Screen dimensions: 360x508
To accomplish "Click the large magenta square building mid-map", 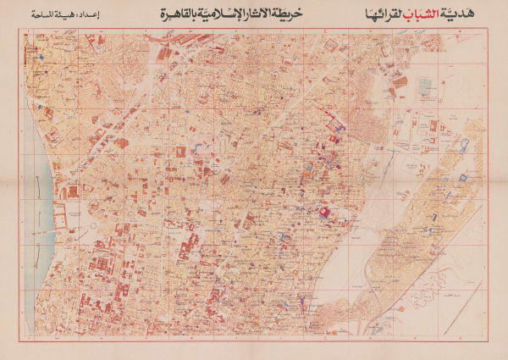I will (x=323, y=211).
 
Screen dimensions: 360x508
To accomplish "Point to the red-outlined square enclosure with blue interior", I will (x=464, y=180).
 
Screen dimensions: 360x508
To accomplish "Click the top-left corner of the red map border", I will (x=25, y=29).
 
